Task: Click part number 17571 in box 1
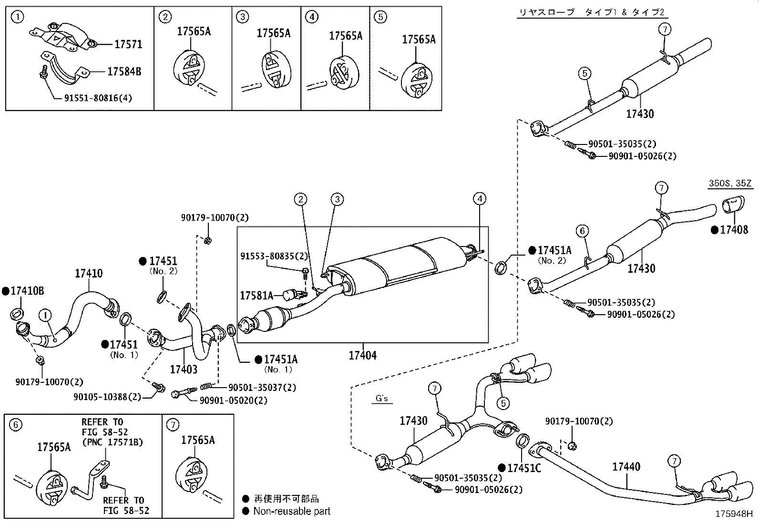tap(128, 44)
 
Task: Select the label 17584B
tap(124, 72)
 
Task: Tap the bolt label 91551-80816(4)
tap(98, 98)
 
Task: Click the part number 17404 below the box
tap(362, 355)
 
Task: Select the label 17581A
tap(256, 296)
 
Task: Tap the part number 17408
tap(734, 230)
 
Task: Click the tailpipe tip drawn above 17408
tap(730, 207)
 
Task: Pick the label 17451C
tap(524, 468)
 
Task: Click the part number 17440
tap(626, 467)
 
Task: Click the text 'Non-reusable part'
tap(291, 511)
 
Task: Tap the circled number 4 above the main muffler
tap(480, 198)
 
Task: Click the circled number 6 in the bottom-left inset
tap(16, 424)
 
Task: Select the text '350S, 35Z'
tap(729, 184)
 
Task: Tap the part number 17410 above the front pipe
tap(89, 274)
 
